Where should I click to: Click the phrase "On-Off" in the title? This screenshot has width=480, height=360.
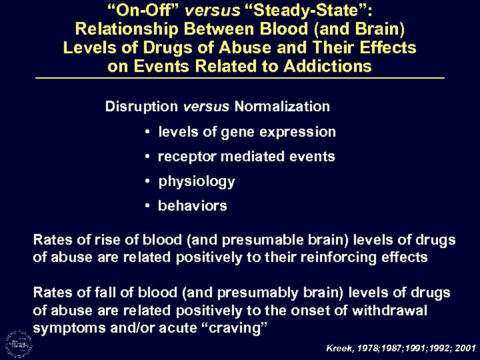pyautogui.click(x=137, y=12)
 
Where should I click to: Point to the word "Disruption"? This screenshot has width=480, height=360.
pyautogui.click(x=141, y=107)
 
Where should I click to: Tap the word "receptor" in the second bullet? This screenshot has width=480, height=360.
pyautogui.click(x=185, y=157)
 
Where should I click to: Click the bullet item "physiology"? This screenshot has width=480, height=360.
pyautogui.click(x=196, y=181)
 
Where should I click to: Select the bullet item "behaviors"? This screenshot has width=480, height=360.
pyautogui.click(x=192, y=206)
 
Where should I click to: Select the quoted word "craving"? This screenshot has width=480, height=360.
pyautogui.click(x=218, y=329)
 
